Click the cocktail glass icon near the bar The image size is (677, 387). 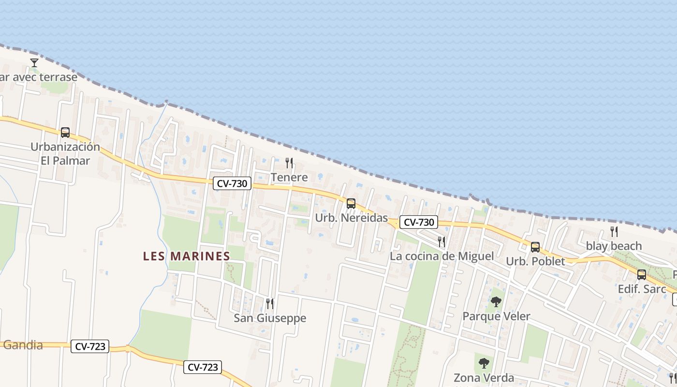coord(34,63)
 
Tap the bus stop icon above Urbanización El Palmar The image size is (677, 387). coord(65,133)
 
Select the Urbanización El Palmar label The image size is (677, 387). coord(65,153)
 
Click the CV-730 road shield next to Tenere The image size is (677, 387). coord(232,183)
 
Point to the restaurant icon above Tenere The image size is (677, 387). coord(289,163)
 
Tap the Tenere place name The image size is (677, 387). coord(289,178)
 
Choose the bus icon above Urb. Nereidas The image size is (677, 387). coord(351,204)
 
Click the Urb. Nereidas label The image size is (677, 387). coord(351,218)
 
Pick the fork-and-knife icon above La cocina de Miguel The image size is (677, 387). coord(442,241)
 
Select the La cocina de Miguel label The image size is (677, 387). coord(442,256)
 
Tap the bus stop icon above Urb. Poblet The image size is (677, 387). coord(535,247)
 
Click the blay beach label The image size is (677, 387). coord(614,246)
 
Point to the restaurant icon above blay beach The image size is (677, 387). coord(614,231)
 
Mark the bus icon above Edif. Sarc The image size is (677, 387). coord(641,275)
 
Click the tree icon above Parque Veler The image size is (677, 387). coord(496,302)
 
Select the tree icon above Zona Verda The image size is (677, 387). coord(484,363)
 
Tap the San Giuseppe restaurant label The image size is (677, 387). coord(270,318)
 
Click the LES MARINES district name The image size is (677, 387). coord(186,256)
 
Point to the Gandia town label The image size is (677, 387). coord(23,345)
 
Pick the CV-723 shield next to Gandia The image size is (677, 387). coord(90,346)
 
